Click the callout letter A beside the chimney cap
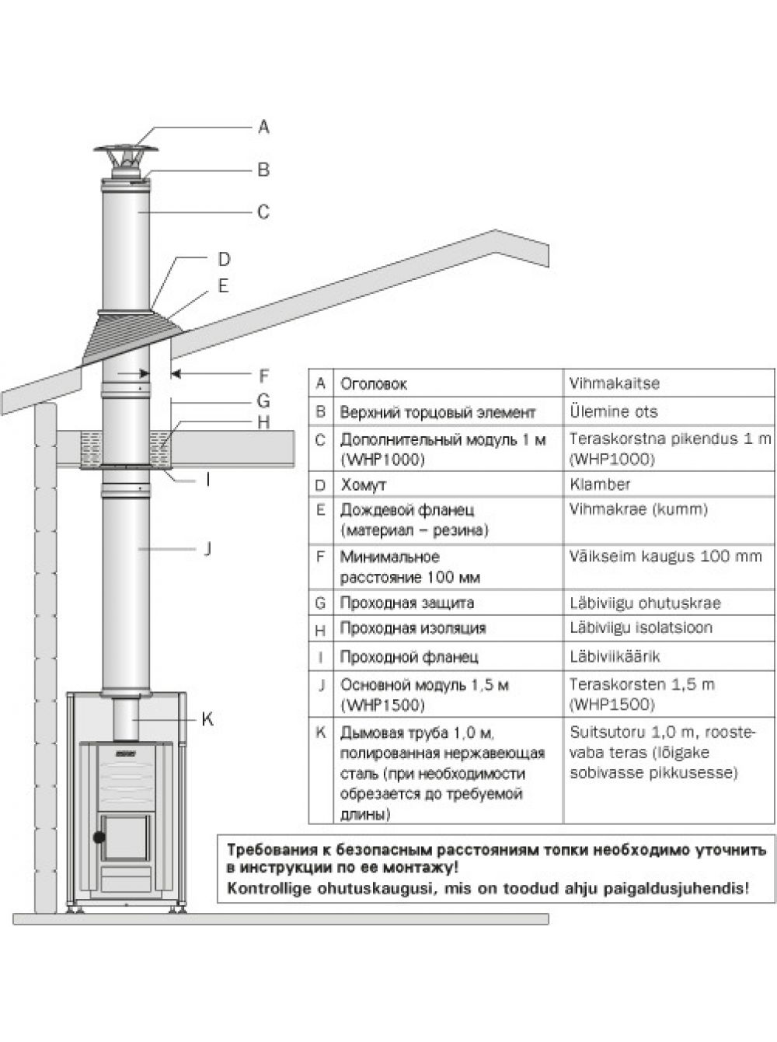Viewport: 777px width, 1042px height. click(x=263, y=127)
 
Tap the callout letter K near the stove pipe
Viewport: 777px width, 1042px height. click(x=207, y=719)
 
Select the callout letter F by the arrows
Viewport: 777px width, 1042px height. click(x=263, y=376)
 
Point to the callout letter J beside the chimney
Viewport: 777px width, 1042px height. click(x=207, y=548)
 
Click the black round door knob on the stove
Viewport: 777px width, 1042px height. click(x=99, y=837)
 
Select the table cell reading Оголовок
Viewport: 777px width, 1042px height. click(x=373, y=383)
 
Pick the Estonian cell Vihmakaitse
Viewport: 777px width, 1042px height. click(x=615, y=383)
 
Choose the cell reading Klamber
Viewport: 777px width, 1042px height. click(x=600, y=484)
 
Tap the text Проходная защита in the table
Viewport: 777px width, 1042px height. click(x=407, y=603)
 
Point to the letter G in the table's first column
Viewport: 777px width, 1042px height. click(x=320, y=603)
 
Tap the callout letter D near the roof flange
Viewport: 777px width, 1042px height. click(x=224, y=259)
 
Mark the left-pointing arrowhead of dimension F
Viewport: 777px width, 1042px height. click(x=176, y=374)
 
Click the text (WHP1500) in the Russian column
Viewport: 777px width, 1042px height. click(x=382, y=705)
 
